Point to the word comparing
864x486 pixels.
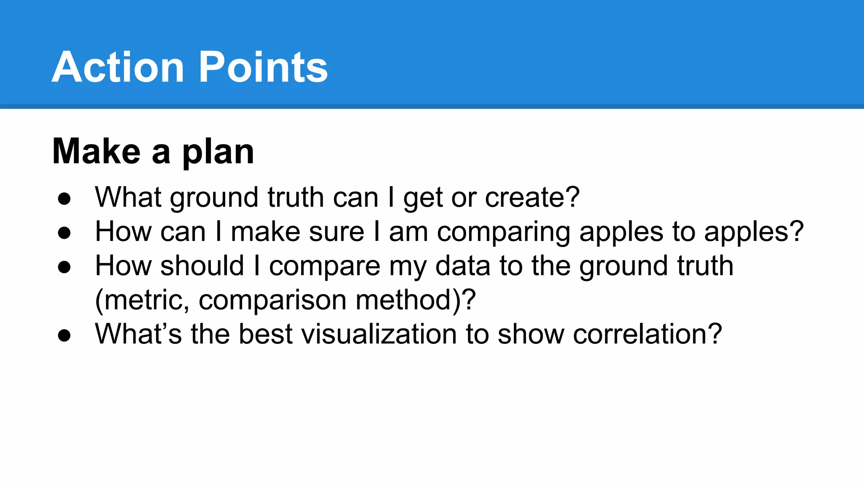coord(504,232)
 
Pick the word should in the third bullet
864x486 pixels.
coord(202,266)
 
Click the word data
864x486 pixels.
coord(463,266)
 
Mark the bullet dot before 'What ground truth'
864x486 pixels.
coord(65,198)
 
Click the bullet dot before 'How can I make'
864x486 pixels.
coord(65,233)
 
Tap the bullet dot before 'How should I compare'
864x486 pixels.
coord(65,267)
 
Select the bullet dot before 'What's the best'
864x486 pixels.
coord(65,335)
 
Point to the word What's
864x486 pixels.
coord(138,334)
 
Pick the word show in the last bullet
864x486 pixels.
coord(531,334)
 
